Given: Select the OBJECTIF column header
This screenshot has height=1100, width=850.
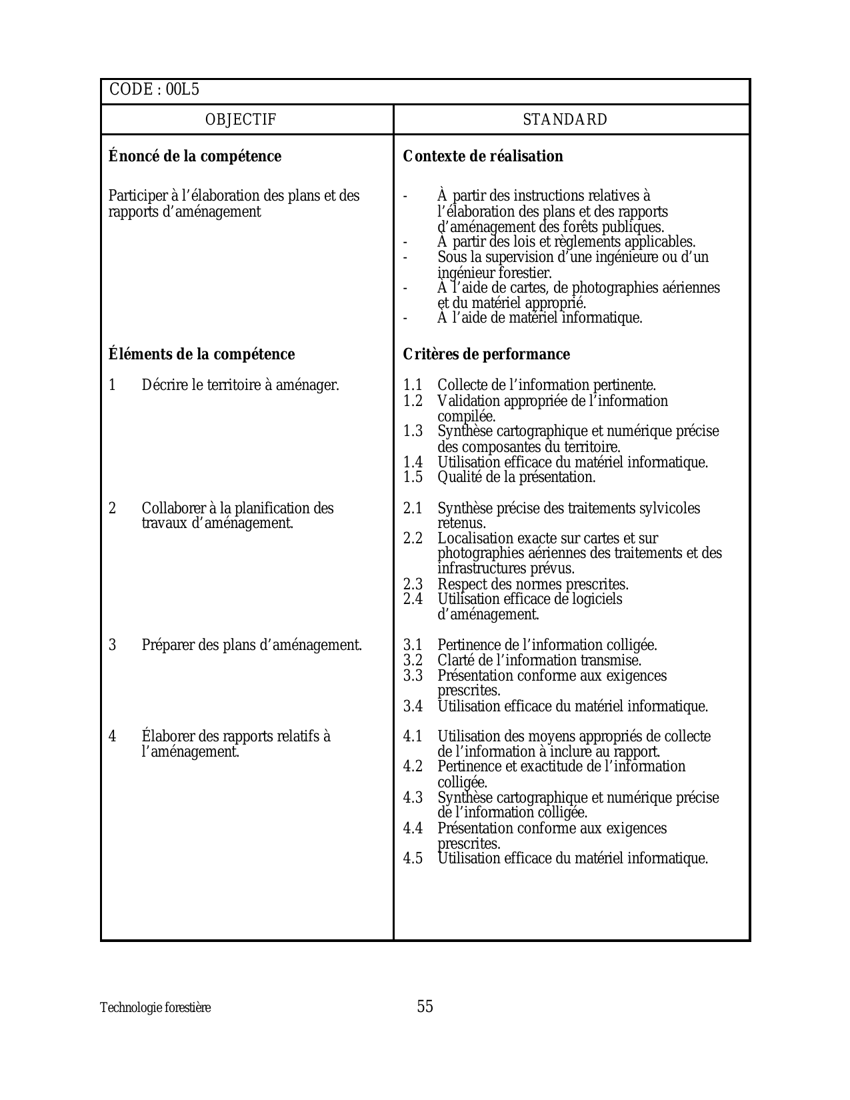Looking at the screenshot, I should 241,120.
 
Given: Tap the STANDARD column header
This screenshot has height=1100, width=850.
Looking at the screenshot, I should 565,120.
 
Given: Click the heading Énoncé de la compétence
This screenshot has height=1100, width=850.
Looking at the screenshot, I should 195,156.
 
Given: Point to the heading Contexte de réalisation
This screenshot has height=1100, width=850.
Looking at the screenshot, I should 483,156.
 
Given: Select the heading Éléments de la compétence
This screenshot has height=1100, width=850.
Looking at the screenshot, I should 201,354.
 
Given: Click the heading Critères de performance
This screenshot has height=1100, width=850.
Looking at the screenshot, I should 486,354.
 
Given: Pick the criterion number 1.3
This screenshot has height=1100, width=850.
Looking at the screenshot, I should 413,431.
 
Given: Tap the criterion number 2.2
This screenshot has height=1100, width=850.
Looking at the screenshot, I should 413,539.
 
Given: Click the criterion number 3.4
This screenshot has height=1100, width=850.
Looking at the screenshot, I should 413,707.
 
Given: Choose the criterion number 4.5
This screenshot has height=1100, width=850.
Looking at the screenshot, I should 413,859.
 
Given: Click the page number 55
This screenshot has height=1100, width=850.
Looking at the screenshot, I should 425,1007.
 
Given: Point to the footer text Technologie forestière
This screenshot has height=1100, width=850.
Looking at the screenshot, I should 155,1008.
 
